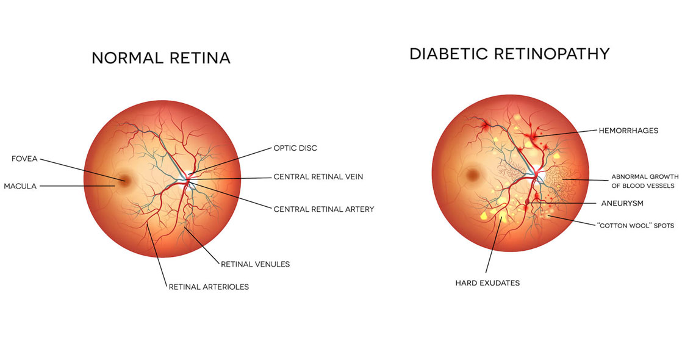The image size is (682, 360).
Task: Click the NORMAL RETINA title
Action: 160,59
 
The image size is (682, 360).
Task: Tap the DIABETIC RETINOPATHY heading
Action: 509,54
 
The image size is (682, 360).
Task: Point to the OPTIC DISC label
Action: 295,148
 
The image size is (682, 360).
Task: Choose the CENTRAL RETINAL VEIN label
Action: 318,177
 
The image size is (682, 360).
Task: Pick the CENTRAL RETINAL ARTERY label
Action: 323,209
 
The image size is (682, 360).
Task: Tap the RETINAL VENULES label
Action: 255,264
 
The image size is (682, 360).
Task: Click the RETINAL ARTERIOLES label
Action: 209,286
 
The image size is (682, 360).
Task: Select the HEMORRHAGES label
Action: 628,131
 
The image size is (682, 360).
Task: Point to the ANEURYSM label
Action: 620,202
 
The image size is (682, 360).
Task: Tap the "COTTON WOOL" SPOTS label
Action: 635,225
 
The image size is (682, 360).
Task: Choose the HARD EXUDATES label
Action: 487,283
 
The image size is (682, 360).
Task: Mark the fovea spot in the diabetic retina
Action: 474,176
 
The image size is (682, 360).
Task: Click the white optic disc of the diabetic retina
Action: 541,178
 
